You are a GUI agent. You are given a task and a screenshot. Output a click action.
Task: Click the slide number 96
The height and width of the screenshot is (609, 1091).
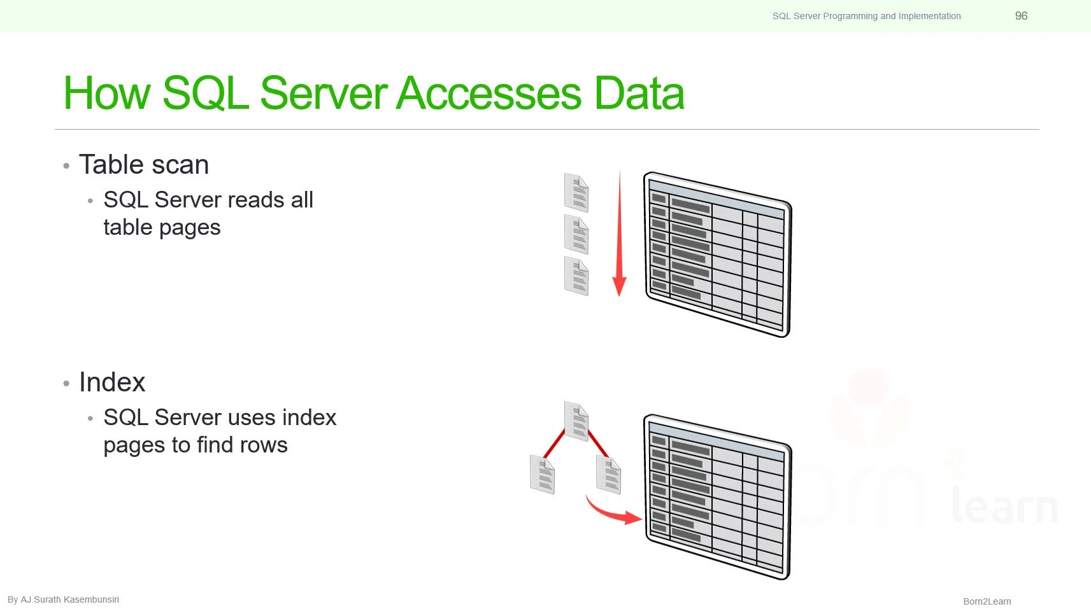pyautogui.click(x=1021, y=16)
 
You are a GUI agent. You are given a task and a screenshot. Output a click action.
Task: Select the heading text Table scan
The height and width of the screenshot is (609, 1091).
pyautogui.click(x=144, y=165)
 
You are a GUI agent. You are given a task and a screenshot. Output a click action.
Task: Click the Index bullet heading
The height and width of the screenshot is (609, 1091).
pyautogui.click(x=112, y=382)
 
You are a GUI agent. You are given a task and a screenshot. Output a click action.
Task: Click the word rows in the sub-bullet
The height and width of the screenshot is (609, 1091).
pyautogui.click(x=264, y=445)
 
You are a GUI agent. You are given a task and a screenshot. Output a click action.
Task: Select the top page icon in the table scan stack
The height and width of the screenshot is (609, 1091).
pyautogui.click(x=576, y=193)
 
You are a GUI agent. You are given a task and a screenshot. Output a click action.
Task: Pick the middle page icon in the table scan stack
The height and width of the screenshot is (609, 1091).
pyautogui.click(x=576, y=235)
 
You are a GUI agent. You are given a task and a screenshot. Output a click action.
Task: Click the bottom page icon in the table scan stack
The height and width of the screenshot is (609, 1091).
pyautogui.click(x=576, y=276)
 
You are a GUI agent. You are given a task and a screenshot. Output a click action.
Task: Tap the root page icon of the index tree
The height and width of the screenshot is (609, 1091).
pyautogui.click(x=576, y=421)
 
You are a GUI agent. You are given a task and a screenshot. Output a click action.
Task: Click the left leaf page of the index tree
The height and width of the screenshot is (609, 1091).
pyautogui.click(x=543, y=474)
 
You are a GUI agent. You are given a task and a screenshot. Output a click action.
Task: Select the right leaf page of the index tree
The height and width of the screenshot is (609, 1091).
pyautogui.click(x=609, y=474)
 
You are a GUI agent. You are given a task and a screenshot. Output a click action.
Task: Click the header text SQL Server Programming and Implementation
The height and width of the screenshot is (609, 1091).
pyautogui.click(x=866, y=16)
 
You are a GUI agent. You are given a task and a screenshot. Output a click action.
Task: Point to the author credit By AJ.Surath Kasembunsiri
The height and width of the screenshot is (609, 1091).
pyautogui.click(x=63, y=599)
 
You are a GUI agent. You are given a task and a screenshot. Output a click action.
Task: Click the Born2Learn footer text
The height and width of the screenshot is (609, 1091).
pyautogui.click(x=987, y=601)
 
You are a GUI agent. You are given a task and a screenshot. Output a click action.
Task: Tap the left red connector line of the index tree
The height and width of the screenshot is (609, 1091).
pyautogui.click(x=555, y=444)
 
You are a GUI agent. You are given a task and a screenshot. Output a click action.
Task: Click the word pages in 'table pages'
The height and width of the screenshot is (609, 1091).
pyautogui.click(x=191, y=228)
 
